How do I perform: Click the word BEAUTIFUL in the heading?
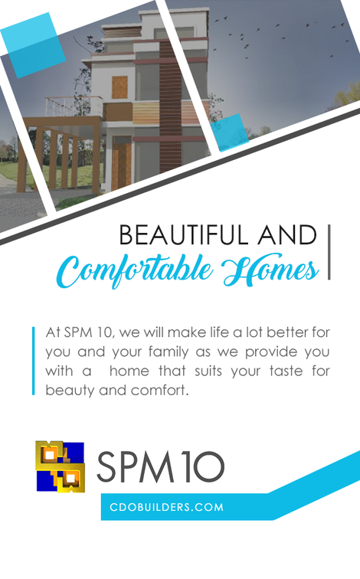183,235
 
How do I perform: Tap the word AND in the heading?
287,235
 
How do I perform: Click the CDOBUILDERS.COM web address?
166,507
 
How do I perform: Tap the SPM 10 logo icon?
61,466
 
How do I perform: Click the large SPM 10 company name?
161,466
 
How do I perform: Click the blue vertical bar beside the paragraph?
34,361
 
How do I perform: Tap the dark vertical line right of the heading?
329,252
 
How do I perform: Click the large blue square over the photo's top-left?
33,45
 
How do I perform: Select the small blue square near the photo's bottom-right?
230,132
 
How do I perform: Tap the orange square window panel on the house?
119,87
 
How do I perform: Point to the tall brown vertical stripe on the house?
171,107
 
